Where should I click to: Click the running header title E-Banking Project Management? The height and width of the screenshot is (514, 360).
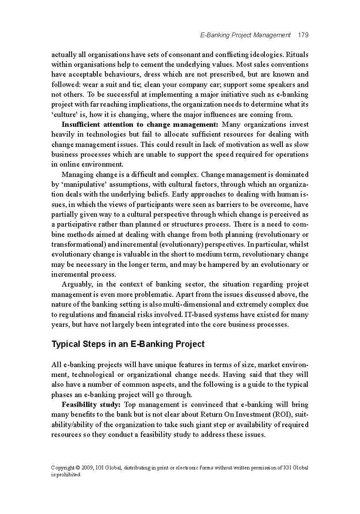245,35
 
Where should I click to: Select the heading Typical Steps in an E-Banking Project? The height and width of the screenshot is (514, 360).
128,344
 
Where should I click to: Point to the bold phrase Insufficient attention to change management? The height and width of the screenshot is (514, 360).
140,125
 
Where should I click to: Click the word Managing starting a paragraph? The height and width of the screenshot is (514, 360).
77,175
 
